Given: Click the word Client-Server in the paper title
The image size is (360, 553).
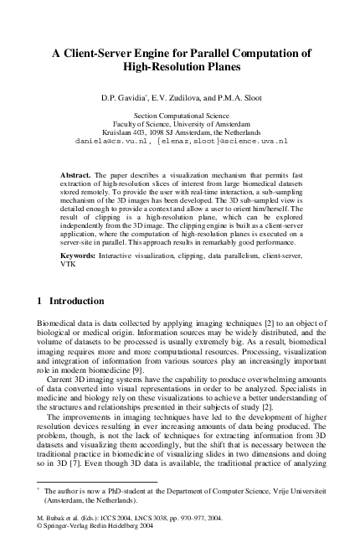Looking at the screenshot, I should [111, 52].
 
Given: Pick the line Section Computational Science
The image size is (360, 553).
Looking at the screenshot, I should [180, 114].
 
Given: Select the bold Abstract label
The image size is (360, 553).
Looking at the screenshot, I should [76, 174].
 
